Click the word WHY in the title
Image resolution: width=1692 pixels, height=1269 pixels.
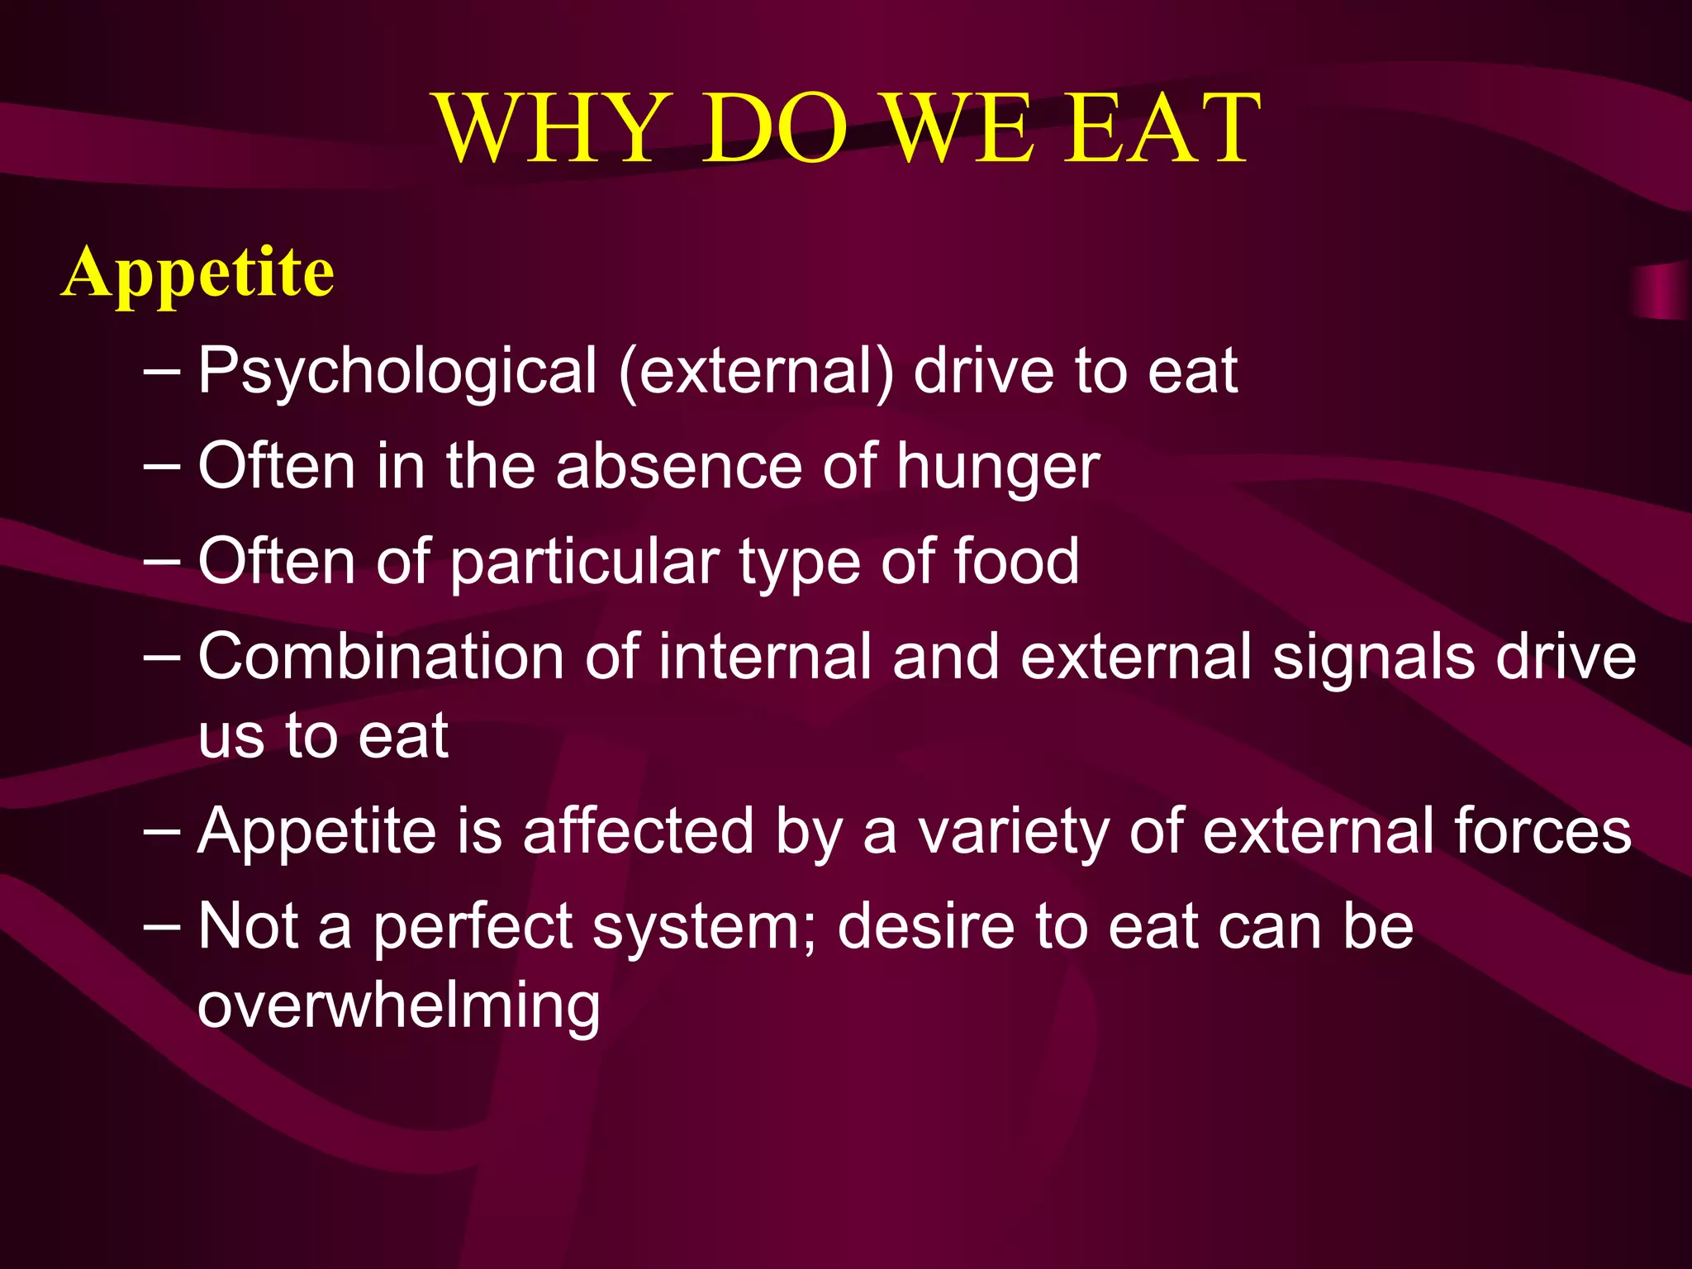click(x=549, y=130)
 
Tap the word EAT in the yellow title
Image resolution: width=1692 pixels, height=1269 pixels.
click(x=1161, y=130)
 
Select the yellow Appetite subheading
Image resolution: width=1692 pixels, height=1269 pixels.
click(x=198, y=273)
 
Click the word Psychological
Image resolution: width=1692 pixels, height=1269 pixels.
click(x=397, y=372)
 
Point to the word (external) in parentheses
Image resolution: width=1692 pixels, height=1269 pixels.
click(x=756, y=372)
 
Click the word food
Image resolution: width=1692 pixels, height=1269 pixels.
click(x=1015, y=561)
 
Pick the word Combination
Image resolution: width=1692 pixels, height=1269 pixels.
click(x=381, y=657)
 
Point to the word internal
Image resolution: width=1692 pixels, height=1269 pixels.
click(x=765, y=657)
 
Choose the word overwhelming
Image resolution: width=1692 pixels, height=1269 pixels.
click(x=398, y=1006)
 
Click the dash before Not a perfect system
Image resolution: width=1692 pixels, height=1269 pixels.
click(x=162, y=925)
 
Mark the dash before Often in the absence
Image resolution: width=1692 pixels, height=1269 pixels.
click(x=162, y=465)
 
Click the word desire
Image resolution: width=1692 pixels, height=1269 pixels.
click(x=925, y=926)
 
